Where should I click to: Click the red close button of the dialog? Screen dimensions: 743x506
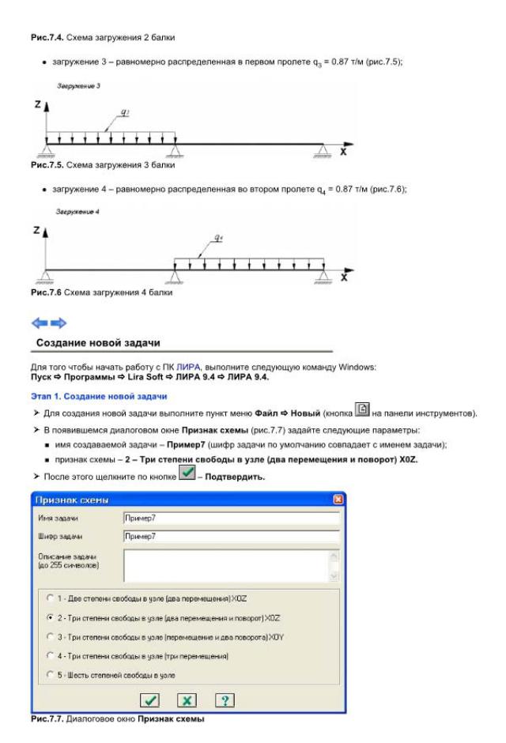pyautogui.click(x=339, y=500)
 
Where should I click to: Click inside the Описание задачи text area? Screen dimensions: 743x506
pyautogui.click(x=225, y=564)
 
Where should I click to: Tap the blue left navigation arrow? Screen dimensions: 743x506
pyautogui.click(x=39, y=322)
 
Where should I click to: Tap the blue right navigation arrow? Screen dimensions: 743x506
pyautogui.click(x=59, y=322)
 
